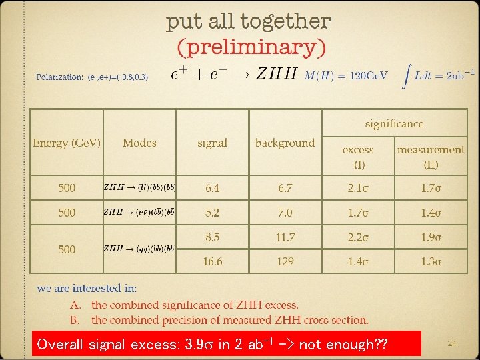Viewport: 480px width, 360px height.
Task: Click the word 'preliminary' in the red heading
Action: point(251,47)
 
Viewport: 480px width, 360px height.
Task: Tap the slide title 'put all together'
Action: point(248,21)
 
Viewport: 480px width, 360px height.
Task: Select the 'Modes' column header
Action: point(139,143)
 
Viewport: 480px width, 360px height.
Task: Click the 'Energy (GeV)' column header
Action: point(67,143)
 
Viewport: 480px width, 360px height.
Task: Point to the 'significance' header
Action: point(394,123)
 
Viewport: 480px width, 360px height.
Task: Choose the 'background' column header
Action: point(285,143)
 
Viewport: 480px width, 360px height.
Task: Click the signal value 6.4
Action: point(212,188)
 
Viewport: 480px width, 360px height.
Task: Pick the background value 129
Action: point(285,261)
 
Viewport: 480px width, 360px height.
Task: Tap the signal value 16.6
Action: point(212,261)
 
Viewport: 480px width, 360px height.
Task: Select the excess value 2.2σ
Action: point(358,237)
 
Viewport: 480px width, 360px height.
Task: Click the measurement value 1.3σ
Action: point(431,261)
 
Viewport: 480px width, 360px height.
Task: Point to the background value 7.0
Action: point(285,213)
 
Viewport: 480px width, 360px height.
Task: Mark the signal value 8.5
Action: point(212,237)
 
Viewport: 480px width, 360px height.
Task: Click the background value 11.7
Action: point(285,237)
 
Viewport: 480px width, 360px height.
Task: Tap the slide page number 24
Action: point(451,343)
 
